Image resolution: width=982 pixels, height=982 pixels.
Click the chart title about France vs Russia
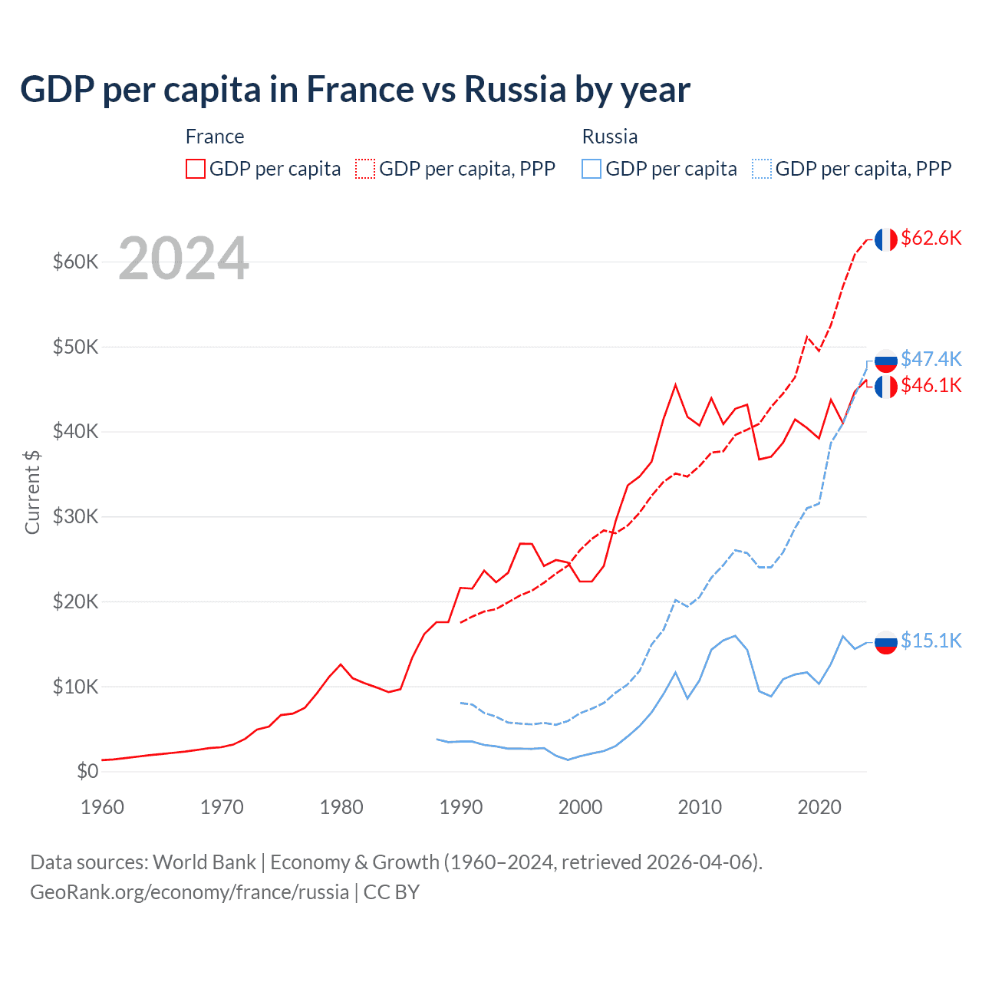point(354,90)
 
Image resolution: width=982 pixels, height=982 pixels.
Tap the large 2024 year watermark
point(183,259)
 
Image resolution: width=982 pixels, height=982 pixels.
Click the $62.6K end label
point(931,239)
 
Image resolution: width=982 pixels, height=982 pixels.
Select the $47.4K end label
point(931,359)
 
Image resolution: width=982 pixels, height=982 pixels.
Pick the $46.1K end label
point(931,385)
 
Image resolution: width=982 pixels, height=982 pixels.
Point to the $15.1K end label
point(931,641)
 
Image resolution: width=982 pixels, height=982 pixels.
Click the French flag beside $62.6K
point(886,239)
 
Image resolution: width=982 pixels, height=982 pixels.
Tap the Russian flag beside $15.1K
point(886,641)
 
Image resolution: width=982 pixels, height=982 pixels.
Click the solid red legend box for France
point(196,169)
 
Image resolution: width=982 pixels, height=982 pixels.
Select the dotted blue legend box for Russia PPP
point(762,169)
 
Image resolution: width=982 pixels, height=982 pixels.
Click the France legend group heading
point(215,137)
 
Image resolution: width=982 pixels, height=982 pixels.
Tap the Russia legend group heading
point(610,137)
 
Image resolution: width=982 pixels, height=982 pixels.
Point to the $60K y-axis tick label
point(76,262)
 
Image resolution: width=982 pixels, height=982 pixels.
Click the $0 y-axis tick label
point(87,771)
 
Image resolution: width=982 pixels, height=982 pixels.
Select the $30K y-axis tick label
point(76,517)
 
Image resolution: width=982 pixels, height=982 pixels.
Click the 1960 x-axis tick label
point(102,807)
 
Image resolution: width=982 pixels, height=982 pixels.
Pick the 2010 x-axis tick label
point(700,807)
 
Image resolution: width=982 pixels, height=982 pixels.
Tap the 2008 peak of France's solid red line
point(675,385)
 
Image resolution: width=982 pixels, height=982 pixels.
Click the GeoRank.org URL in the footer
point(189,892)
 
